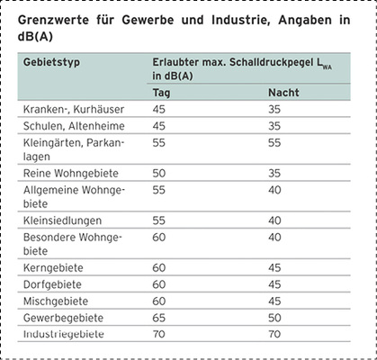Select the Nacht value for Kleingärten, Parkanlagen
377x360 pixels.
(x=276, y=143)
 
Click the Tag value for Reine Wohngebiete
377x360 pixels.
(x=159, y=172)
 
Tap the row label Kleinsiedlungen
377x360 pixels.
(x=62, y=220)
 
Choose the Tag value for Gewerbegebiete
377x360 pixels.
(x=159, y=319)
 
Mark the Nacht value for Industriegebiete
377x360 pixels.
(x=276, y=334)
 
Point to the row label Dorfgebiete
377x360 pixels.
(x=53, y=285)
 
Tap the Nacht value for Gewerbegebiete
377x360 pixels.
(x=276, y=319)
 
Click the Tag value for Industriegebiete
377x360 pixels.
(x=159, y=334)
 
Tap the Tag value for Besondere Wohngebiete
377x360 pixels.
(x=159, y=237)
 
